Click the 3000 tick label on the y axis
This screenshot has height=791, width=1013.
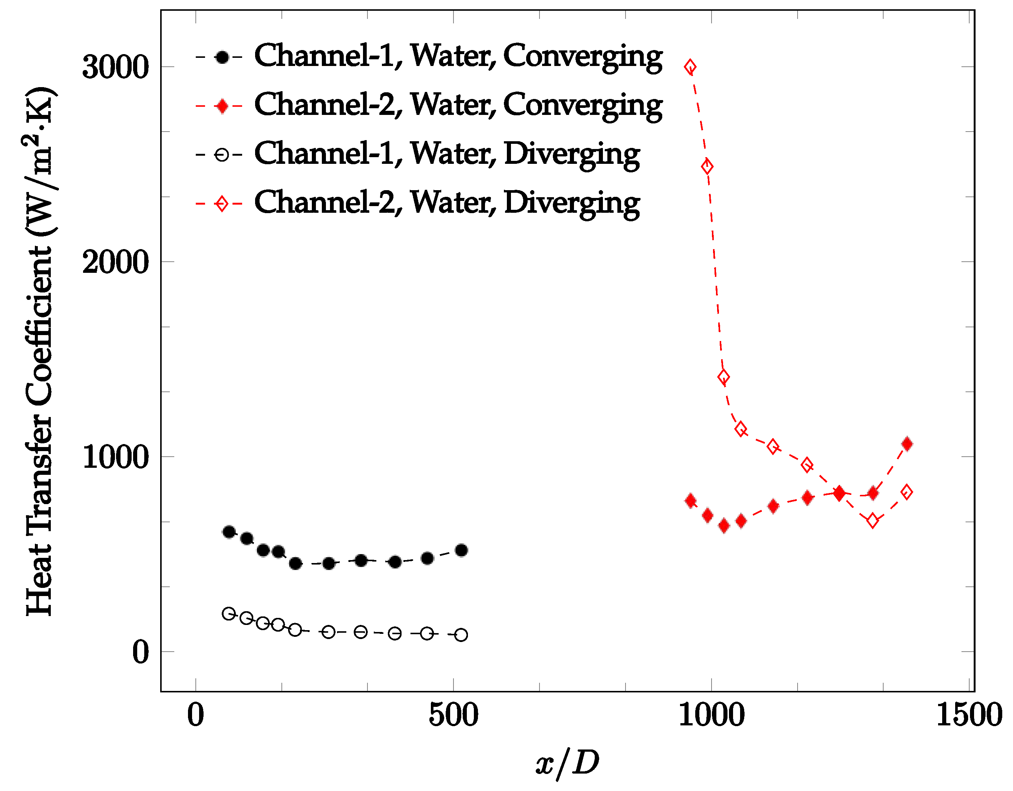[x=115, y=67]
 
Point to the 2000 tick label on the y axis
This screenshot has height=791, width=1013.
[x=115, y=262]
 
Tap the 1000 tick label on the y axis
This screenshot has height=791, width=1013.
[x=115, y=457]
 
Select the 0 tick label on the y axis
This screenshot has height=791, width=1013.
[x=140, y=652]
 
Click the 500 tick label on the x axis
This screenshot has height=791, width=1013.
[x=453, y=715]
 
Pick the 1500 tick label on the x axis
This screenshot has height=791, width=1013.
[x=969, y=715]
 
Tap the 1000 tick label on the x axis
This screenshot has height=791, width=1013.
[x=711, y=715]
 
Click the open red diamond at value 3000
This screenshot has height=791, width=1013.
[x=690, y=67]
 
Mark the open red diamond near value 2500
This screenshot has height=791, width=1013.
[x=707, y=166]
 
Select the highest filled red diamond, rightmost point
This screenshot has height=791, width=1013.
[x=907, y=444]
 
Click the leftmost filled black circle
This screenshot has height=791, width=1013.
[x=229, y=532]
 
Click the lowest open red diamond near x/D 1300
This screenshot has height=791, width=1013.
[x=873, y=521]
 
